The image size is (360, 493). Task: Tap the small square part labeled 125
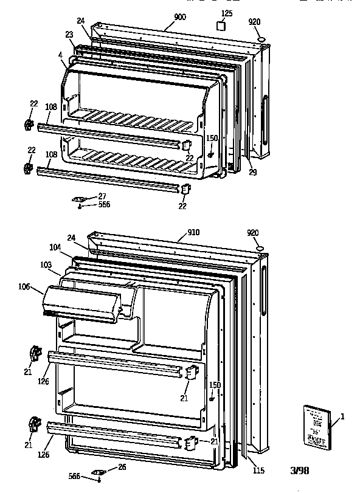222,27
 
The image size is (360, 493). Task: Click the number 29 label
252,173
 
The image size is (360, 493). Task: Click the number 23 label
69,35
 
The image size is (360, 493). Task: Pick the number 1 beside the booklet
342,416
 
